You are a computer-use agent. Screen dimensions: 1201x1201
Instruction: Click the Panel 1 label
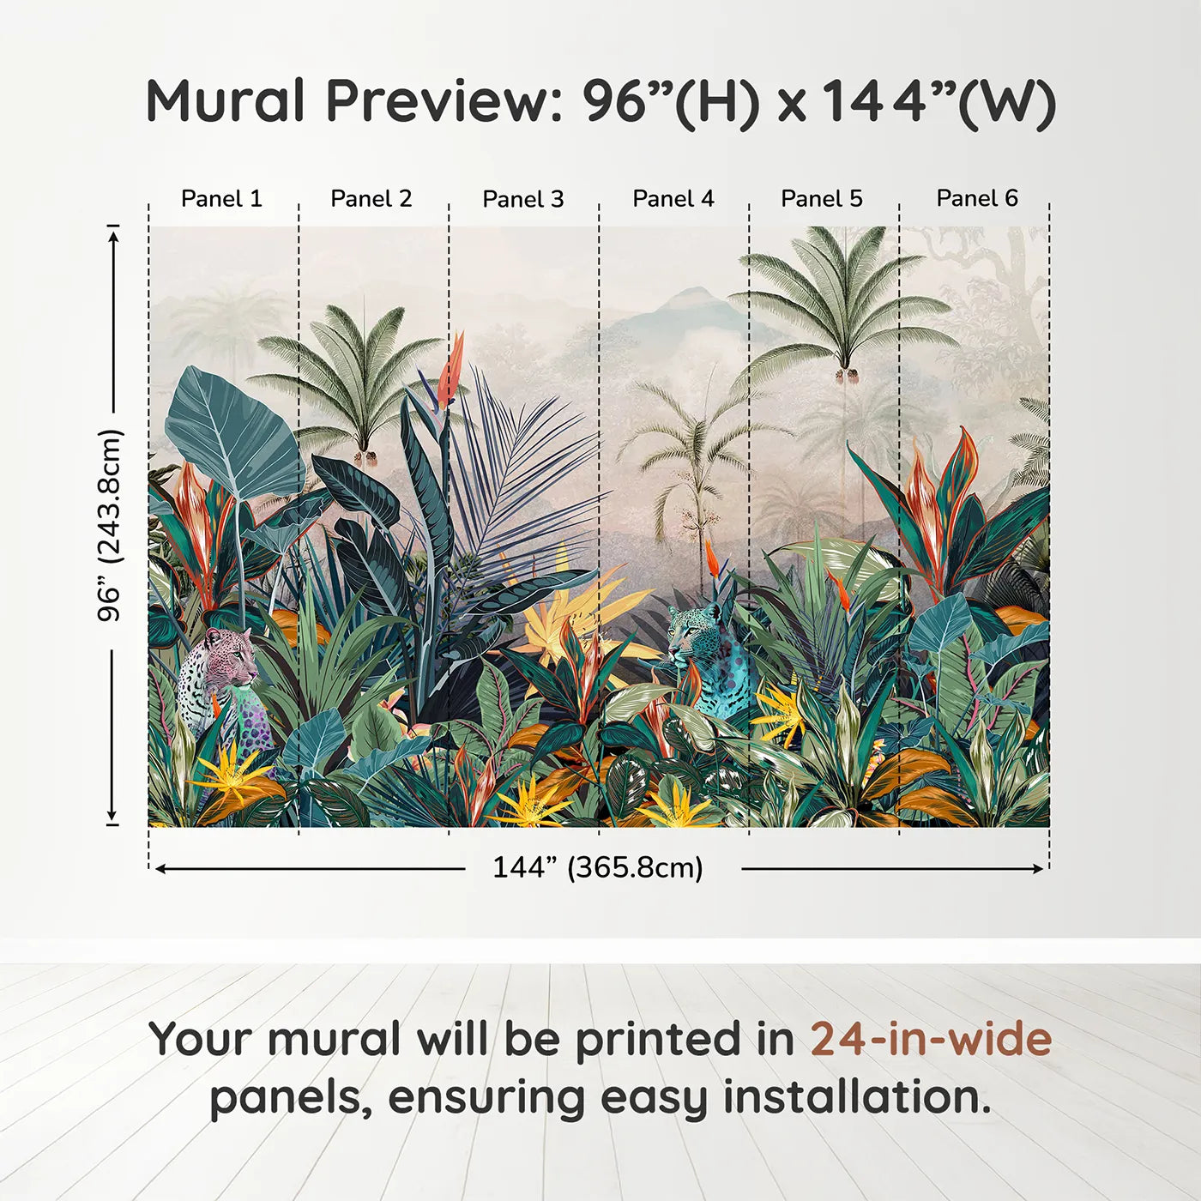(x=221, y=199)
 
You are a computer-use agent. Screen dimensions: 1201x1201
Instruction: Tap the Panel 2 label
(x=371, y=199)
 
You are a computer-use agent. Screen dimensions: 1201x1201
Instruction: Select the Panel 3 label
(x=523, y=199)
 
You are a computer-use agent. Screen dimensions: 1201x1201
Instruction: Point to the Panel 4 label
(x=673, y=199)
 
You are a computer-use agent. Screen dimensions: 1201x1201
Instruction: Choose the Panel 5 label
(x=822, y=199)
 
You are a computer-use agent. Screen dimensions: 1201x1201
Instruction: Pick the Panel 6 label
(x=976, y=198)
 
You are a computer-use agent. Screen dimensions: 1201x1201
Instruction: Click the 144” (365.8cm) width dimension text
(x=598, y=867)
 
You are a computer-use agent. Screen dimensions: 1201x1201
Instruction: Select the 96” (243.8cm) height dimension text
(x=111, y=525)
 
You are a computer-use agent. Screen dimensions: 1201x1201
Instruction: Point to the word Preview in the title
(x=444, y=100)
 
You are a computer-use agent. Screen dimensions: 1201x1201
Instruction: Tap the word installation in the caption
(x=856, y=1097)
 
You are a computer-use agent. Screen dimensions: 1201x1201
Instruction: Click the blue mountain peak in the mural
(x=697, y=292)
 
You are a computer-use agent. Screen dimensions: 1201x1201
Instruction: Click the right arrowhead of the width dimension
(x=1037, y=869)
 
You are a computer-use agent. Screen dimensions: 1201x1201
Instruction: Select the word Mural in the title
(x=225, y=100)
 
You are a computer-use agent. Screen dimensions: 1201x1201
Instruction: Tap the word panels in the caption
(x=286, y=1099)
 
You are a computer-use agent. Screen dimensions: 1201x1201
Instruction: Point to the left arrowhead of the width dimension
(x=160, y=869)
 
